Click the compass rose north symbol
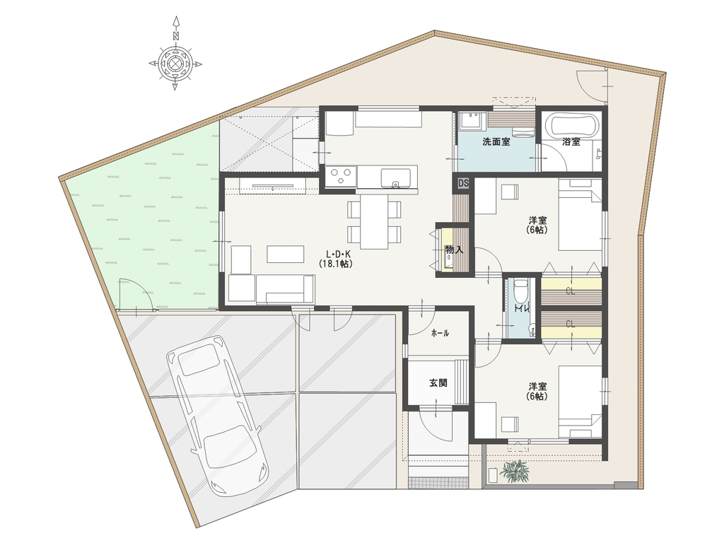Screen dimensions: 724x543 pyautogui.click(x=175, y=54)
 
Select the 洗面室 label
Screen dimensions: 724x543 pyautogui.click(x=496, y=142)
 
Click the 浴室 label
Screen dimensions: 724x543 pyautogui.click(x=571, y=142)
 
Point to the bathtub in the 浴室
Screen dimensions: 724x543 pyautogui.click(x=571, y=124)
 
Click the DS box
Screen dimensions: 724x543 pyautogui.click(x=463, y=183)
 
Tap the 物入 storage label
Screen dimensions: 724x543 pyautogui.click(x=454, y=250)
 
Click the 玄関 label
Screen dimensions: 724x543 pyautogui.click(x=438, y=383)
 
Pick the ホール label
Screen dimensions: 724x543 pyautogui.click(x=440, y=334)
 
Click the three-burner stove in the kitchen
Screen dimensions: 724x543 pyautogui.click(x=340, y=176)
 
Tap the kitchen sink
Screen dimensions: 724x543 pyautogui.click(x=395, y=177)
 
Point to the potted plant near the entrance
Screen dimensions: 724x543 pyautogui.click(x=515, y=472)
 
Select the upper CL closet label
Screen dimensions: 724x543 pyautogui.click(x=571, y=291)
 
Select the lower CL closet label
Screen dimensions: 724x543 pyautogui.click(x=571, y=325)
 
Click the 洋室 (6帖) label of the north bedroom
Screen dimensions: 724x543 pyautogui.click(x=538, y=226)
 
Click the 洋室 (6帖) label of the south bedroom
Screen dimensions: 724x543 pyautogui.click(x=538, y=391)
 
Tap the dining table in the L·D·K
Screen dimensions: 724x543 pyautogui.click(x=375, y=221)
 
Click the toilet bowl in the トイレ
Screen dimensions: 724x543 pyautogui.click(x=521, y=290)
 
